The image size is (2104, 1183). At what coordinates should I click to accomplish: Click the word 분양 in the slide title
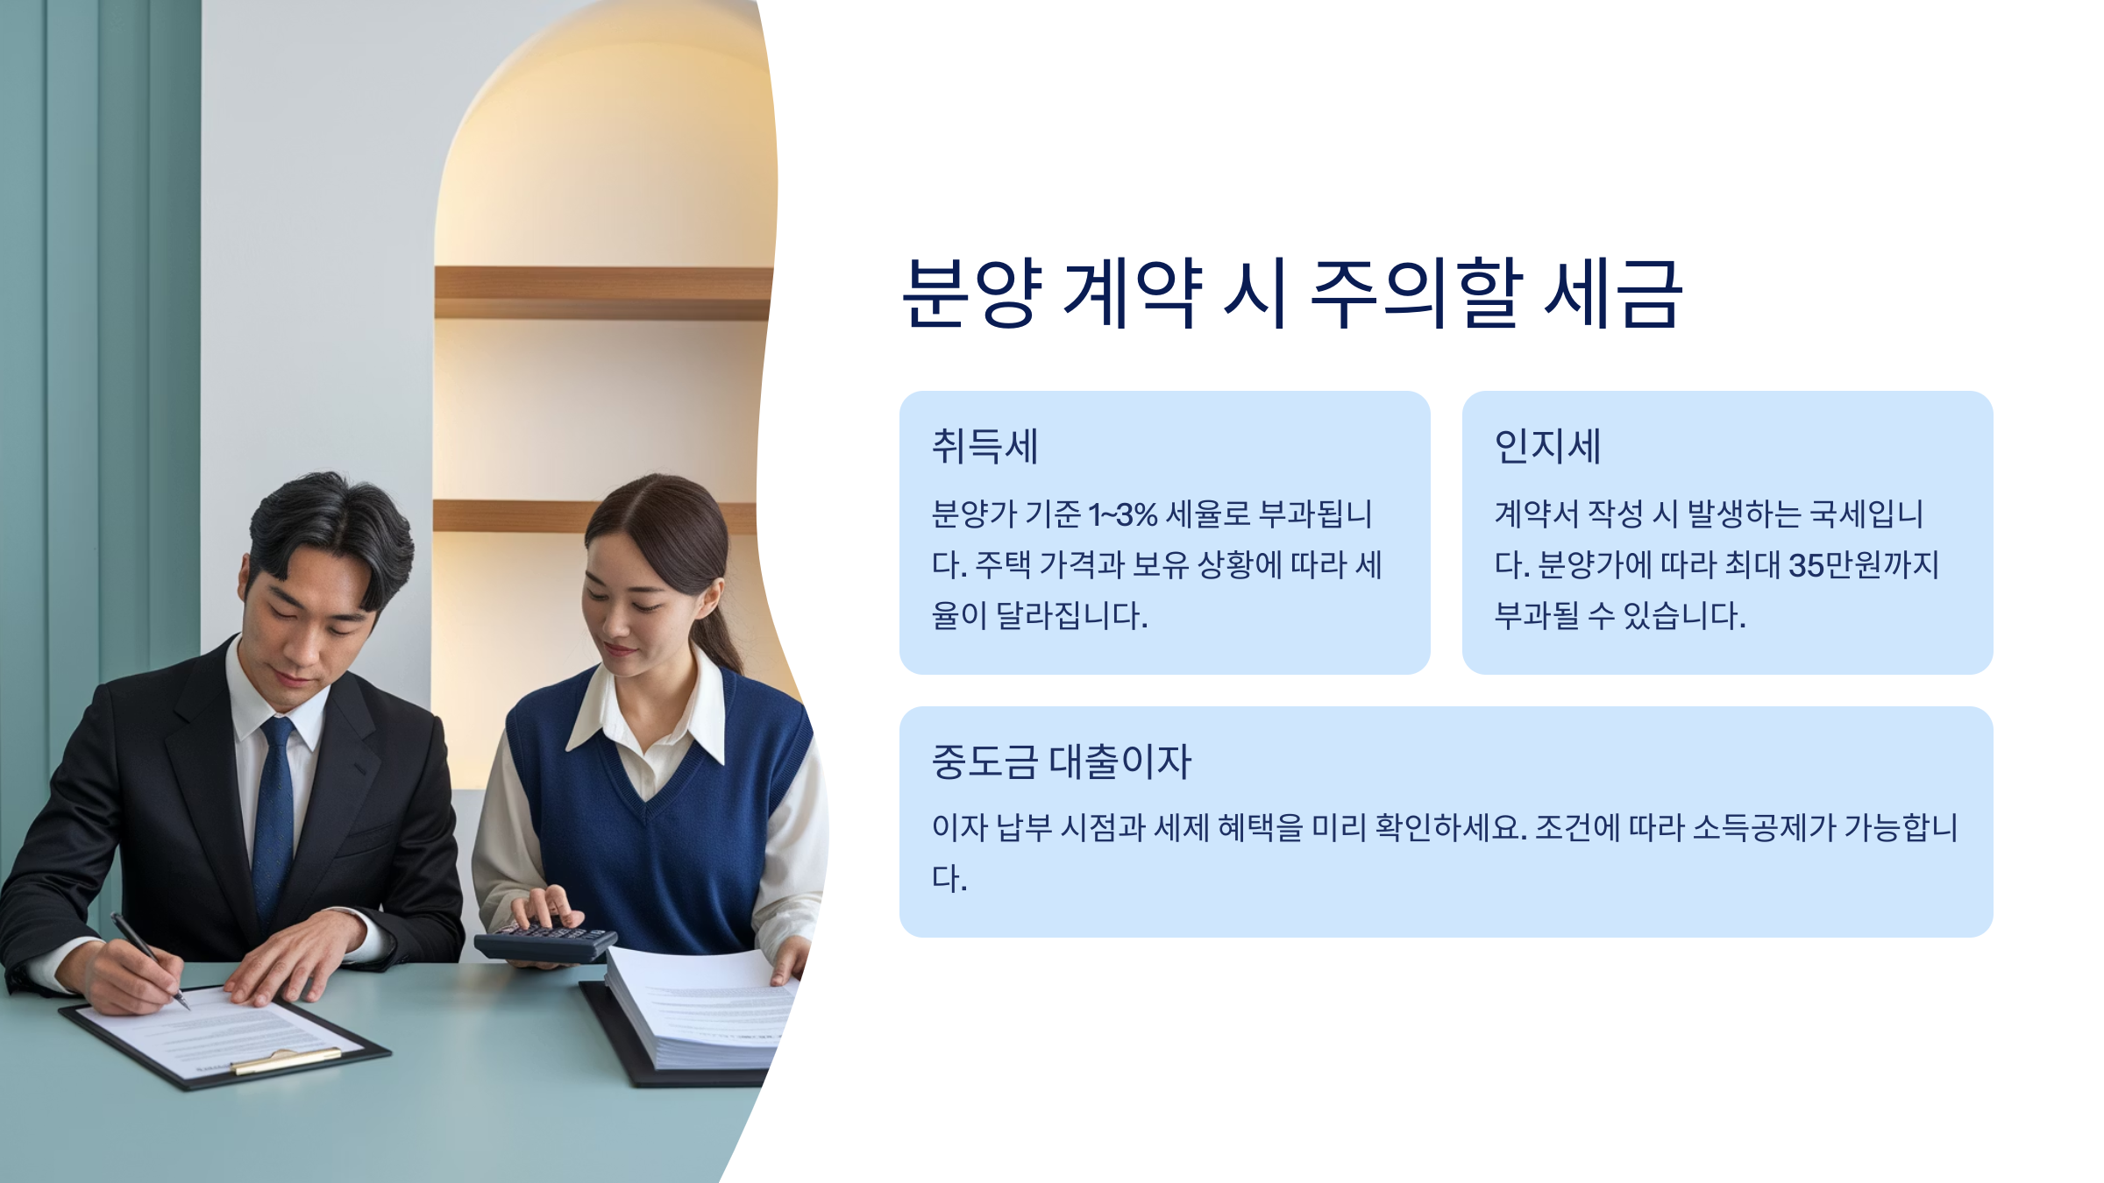coord(973,294)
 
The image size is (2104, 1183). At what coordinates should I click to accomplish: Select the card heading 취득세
coord(984,446)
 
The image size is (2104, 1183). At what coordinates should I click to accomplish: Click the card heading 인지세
coord(1547,446)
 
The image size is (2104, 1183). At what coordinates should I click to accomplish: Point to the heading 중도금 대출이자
coord(1061,762)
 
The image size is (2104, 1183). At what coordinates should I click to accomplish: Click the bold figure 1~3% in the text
coord(1123,514)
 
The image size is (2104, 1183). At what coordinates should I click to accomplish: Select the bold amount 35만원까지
coord(1864,565)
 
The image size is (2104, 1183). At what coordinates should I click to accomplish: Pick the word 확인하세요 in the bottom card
coord(1450,828)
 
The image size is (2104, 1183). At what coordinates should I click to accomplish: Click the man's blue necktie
coord(274,815)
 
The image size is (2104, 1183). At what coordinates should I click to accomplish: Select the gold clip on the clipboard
coord(285,1061)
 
